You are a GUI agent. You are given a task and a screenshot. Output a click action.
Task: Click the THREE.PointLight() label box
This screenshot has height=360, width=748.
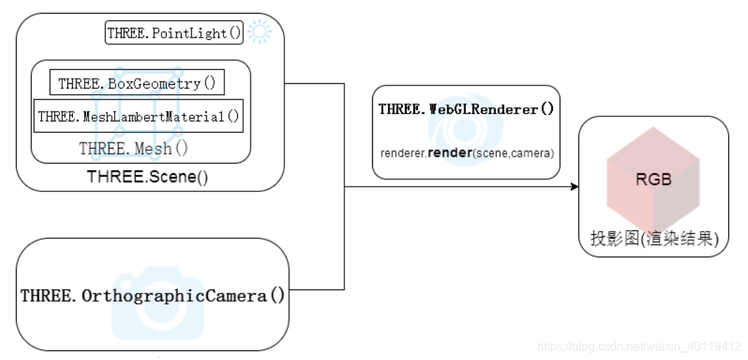coord(175,33)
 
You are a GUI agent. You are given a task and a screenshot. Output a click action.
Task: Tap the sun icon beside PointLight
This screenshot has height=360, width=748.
coord(260,31)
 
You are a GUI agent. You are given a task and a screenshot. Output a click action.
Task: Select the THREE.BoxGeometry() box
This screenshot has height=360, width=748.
coord(137,83)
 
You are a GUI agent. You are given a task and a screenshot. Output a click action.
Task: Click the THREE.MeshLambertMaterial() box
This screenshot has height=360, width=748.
coord(139,116)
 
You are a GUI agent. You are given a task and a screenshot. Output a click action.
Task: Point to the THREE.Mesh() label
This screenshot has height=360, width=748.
coord(134,148)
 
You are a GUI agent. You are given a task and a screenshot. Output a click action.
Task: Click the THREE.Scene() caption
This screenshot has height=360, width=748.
coord(147,178)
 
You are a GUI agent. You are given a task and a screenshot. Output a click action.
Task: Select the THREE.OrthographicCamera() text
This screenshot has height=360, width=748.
coord(153,295)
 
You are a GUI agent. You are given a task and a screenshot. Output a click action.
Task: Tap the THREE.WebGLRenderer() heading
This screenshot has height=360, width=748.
coord(466,109)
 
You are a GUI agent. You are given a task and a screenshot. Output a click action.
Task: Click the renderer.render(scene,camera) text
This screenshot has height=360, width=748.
coord(467,153)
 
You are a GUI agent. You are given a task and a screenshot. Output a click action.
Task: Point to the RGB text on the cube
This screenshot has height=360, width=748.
coord(653,180)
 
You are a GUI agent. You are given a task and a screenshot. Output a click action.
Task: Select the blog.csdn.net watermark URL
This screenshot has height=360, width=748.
coord(639,346)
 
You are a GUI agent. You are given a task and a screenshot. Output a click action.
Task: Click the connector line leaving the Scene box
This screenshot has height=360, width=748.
coord(315,83)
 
